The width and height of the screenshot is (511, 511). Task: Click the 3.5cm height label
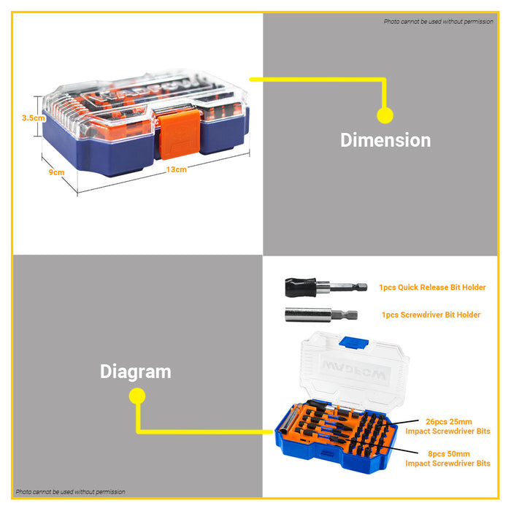(x=34, y=118)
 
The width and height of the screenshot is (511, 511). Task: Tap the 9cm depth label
(x=56, y=172)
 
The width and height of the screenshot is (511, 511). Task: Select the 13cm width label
(x=177, y=169)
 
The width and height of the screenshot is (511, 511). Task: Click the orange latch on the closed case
(x=179, y=134)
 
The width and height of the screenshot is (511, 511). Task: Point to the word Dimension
(x=385, y=140)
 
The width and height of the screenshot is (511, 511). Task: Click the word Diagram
(x=136, y=372)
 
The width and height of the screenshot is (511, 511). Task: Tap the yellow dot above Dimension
(x=385, y=115)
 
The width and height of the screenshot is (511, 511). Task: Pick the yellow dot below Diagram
(x=137, y=396)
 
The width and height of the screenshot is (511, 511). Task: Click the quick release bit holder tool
(x=326, y=287)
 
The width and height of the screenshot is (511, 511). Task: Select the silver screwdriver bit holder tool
(x=321, y=315)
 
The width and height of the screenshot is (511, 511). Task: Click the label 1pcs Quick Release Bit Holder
(x=432, y=287)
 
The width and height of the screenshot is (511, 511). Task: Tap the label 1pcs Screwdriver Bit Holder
(x=431, y=315)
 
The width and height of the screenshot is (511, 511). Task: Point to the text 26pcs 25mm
(x=449, y=421)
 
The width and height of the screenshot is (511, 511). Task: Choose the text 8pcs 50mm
(x=449, y=453)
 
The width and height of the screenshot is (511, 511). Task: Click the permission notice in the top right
(x=438, y=21)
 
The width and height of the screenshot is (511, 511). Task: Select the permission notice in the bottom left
(x=70, y=491)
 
